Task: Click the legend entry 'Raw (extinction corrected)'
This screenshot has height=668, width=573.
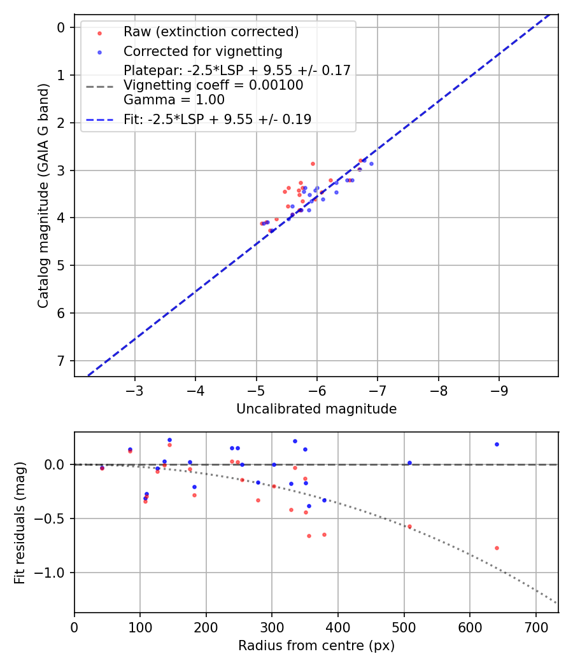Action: [x=211, y=32]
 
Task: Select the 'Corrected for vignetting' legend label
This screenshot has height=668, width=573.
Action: [x=202, y=51]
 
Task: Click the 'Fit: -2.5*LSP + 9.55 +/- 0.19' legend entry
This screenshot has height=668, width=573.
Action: [x=217, y=119]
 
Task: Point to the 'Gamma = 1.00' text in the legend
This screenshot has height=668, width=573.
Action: [x=174, y=99]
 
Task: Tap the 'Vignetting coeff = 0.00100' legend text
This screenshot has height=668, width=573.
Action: [x=213, y=85]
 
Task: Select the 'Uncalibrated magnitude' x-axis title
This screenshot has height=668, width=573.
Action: [x=316, y=409]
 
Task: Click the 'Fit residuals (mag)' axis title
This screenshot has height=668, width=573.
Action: [x=20, y=522]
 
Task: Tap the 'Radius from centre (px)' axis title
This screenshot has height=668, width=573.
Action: [x=316, y=646]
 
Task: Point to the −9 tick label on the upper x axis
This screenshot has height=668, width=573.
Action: [x=498, y=390]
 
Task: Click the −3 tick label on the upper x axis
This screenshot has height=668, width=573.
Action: [x=134, y=390]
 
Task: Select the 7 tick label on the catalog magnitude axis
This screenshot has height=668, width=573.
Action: [x=61, y=361]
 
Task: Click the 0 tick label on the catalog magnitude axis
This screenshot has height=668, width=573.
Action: [x=61, y=27]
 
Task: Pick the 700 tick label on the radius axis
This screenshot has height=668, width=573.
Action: [x=535, y=627]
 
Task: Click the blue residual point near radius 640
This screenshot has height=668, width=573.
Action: [x=497, y=444]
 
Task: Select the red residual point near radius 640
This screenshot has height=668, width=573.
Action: [x=497, y=548]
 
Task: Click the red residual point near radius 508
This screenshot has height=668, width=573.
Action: [x=409, y=526]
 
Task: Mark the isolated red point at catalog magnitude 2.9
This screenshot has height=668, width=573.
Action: [x=313, y=164]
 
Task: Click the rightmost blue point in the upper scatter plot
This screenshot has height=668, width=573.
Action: [x=371, y=164]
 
